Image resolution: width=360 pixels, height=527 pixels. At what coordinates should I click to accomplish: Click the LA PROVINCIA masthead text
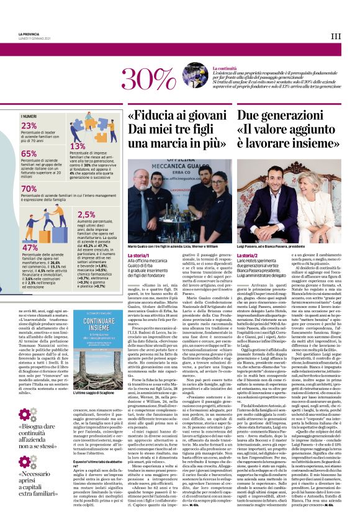[x=30, y=33]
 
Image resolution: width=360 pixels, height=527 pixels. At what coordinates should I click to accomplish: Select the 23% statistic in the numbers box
[x=30, y=125]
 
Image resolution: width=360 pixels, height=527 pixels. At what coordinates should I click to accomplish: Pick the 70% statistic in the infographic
[x=30, y=189]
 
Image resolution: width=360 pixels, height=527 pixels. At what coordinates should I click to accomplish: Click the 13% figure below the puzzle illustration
[x=78, y=146]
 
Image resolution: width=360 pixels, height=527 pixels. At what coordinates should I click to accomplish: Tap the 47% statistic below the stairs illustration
[x=30, y=247]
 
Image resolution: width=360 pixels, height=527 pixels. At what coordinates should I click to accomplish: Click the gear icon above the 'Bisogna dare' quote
[x=27, y=415]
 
